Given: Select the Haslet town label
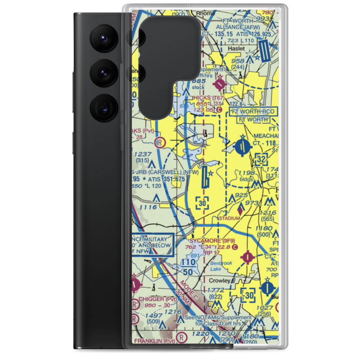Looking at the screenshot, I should [x=236, y=48].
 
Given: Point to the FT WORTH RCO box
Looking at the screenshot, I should [x=253, y=111].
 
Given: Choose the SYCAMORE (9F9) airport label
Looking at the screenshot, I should [x=212, y=240].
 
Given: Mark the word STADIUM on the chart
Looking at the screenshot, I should [x=229, y=218].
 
